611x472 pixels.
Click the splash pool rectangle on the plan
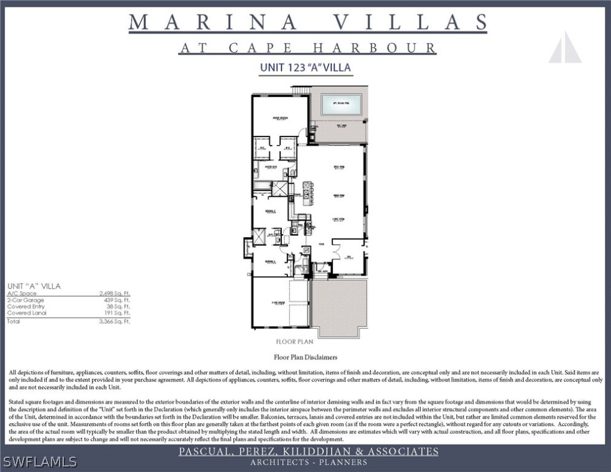341,104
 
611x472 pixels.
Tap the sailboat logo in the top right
565,47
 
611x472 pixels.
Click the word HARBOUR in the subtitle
375,48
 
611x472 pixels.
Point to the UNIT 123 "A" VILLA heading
305,68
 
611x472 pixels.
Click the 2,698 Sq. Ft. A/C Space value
115,294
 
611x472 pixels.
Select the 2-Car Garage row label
26,300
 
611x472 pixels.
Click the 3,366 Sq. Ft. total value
115,321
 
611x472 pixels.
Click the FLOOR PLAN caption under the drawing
295,342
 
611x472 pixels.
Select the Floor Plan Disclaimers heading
305,356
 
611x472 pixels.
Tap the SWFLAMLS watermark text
40,461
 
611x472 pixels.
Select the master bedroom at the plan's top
279,117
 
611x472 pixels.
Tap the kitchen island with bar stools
308,193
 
